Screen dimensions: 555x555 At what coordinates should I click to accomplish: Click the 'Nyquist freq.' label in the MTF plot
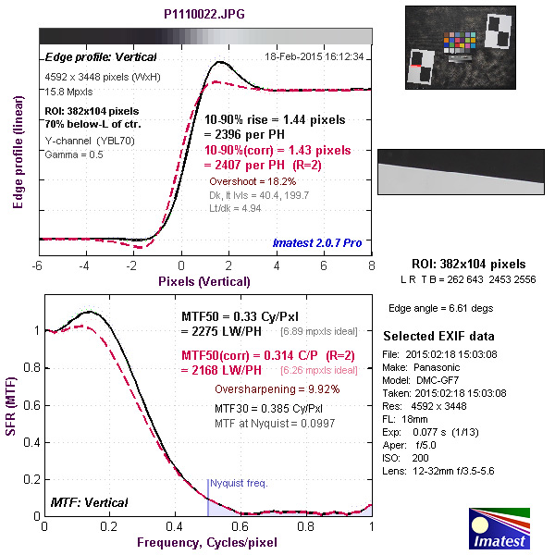click(x=238, y=484)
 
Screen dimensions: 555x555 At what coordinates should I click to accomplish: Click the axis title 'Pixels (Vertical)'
click(x=204, y=280)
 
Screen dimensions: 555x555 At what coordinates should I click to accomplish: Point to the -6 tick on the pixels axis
click(x=38, y=266)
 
